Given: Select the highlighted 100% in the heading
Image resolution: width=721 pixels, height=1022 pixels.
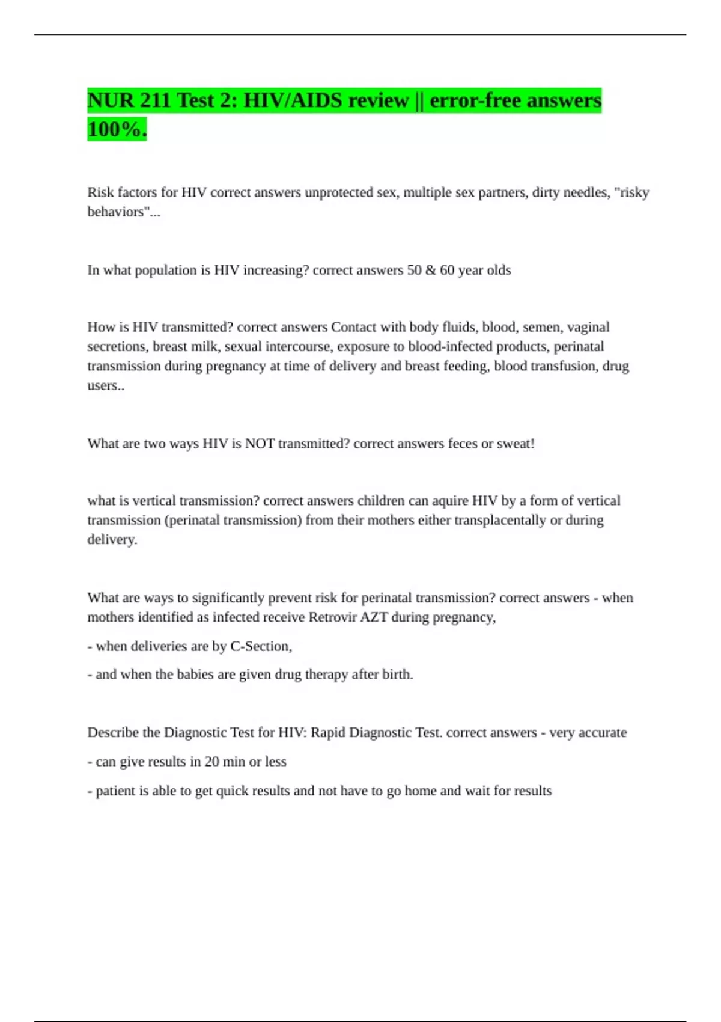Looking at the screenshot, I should [x=117, y=129].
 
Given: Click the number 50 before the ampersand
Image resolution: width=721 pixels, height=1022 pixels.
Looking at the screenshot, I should [x=414, y=270].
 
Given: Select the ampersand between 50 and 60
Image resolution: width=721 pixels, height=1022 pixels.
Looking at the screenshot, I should [x=431, y=270].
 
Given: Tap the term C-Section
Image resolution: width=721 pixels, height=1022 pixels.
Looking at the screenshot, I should [x=261, y=646].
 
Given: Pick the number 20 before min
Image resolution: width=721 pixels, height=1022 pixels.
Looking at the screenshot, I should [x=211, y=762].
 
